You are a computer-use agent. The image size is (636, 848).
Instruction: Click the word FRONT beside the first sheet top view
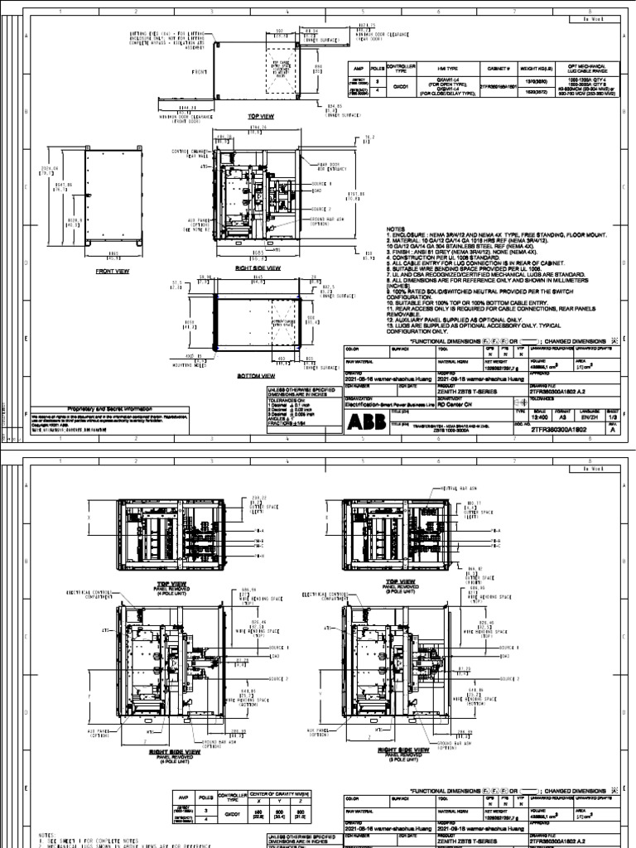click(x=176, y=72)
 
